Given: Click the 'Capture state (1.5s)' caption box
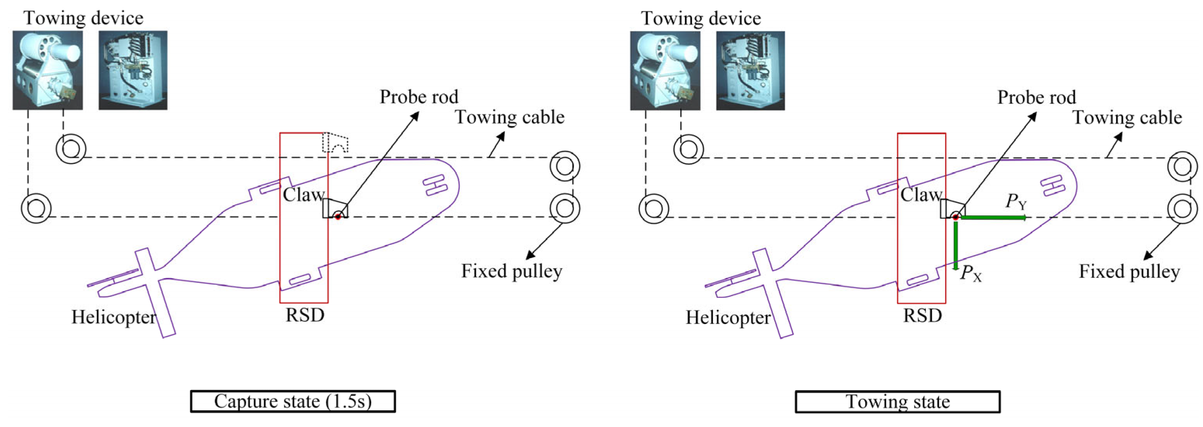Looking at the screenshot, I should point(293,401).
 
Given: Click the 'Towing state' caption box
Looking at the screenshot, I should point(897,402).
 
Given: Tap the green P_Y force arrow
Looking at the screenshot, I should point(993,217).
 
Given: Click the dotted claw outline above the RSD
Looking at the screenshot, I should point(335,143).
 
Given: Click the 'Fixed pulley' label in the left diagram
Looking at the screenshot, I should point(511,271).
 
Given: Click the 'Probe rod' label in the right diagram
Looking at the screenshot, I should point(1036,97).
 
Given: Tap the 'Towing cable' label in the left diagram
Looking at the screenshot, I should point(509,117).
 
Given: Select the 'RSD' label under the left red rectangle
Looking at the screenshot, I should point(305,315).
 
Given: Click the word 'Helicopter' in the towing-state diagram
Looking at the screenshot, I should point(728,318).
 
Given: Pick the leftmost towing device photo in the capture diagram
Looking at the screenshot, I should point(48,70).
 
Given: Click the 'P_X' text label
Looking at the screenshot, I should point(970,273).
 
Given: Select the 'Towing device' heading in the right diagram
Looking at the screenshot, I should point(701,19).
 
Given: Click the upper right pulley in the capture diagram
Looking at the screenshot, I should point(565,166).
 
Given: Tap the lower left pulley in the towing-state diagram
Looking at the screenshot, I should point(653,208).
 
